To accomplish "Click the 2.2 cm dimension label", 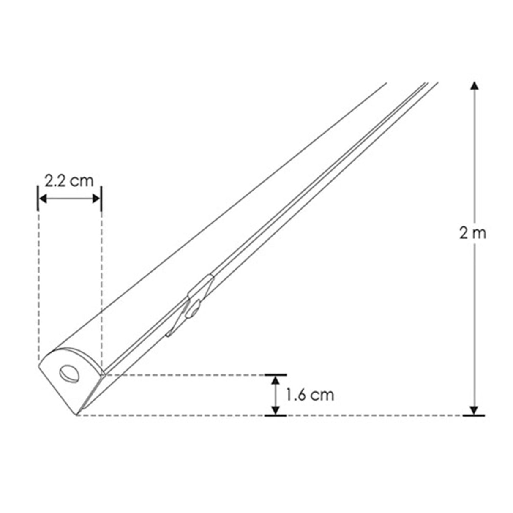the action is pos(69,181).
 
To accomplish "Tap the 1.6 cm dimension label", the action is pos(310,395).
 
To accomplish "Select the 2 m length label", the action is pos(473,234).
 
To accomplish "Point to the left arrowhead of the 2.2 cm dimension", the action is pos(43,199).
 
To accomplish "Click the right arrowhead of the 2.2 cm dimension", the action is pos(96,199).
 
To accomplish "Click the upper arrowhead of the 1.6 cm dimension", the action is pos(276,380).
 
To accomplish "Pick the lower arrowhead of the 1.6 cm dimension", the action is pos(276,410).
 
